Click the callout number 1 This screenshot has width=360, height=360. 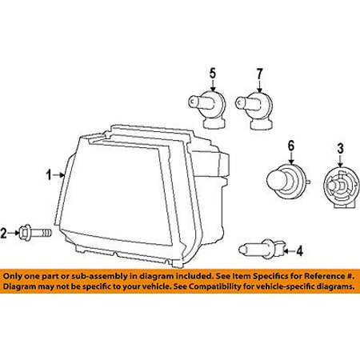(x=49, y=175)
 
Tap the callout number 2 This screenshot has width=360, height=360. (x=3, y=233)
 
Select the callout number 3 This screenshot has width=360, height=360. (x=340, y=149)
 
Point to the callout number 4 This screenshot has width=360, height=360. (x=300, y=251)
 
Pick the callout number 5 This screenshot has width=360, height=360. (x=213, y=74)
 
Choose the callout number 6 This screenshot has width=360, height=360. (x=291, y=146)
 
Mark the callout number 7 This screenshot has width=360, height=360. (x=259, y=74)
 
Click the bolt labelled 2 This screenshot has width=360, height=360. (x=35, y=233)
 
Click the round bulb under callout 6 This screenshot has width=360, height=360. (x=288, y=181)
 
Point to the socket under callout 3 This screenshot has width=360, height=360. (x=341, y=186)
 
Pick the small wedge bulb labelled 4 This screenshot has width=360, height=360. (x=262, y=249)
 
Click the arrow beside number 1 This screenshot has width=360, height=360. (x=58, y=175)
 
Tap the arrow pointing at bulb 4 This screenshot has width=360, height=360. (x=290, y=251)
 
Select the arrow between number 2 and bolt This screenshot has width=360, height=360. (x=14, y=233)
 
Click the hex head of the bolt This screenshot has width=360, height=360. (x=26, y=233)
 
